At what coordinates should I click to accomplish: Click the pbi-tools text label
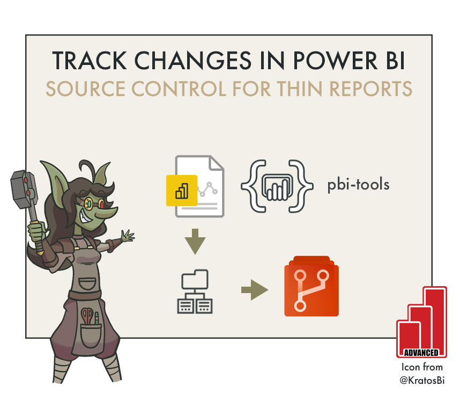point(358,185)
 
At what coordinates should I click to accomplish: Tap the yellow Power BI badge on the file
point(182,191)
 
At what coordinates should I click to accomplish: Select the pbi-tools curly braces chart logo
point(277,185)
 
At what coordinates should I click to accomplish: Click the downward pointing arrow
point(195,242)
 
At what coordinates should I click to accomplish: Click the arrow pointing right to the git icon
point(254,291)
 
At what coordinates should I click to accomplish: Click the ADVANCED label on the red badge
point(421,353)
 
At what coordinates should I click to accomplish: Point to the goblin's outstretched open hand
point(127,236)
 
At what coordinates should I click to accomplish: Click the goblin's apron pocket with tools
point(91,325)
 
